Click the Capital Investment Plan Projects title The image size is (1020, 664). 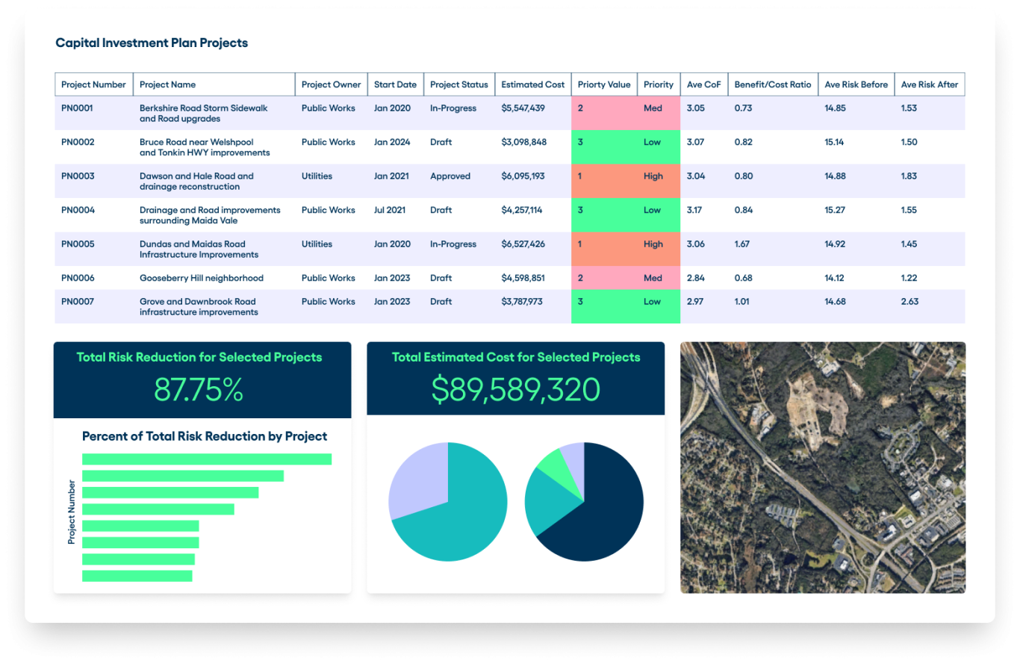click(152, 43)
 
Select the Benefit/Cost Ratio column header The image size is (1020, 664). click(772, 84)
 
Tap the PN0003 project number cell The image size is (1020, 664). click(78, 176)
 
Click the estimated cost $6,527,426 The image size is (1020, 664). click(523, 244)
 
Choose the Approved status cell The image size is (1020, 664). click(450, 176)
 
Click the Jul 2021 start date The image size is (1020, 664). click(390, 210)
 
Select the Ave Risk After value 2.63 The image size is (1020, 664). click(909, 302)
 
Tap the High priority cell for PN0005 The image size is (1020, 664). click(653, 244)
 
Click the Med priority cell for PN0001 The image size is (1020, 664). click(653, 108)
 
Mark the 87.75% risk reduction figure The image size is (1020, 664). click(199, 390)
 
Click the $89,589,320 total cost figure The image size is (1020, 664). click(515, 390)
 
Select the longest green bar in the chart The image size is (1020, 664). click(206, 459)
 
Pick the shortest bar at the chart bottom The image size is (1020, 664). click(137, 576)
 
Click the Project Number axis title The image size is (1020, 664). click(72, 512)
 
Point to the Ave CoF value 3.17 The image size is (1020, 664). click(694, 210)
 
